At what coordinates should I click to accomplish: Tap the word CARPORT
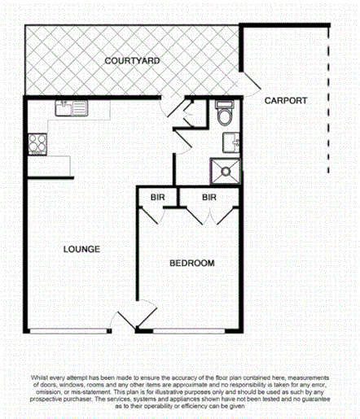[285, 100]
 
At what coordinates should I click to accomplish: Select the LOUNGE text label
[81, 249]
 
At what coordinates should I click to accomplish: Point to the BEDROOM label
[191, 263]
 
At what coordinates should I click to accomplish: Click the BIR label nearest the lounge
[156, 198]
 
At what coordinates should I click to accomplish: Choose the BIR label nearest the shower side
[209, 198]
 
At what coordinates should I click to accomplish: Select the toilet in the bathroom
[226, 115]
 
